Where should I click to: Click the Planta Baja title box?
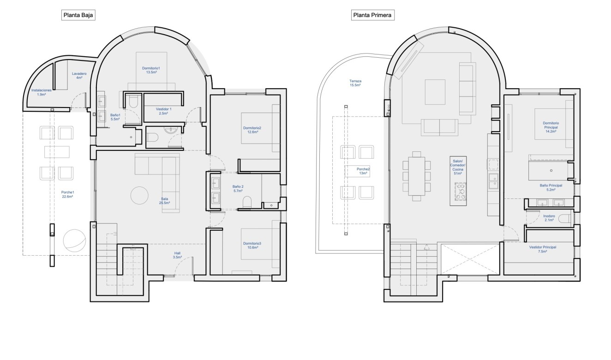[78, 15]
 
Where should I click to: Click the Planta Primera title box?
[372, 15]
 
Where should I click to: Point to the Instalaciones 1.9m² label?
[41, 92]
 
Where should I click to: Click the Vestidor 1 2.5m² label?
[163, 111]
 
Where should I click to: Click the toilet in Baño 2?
[247, 202]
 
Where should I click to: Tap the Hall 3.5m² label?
[177, 255]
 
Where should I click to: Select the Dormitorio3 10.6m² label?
[252, 246]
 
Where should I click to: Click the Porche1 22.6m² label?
[67, 194]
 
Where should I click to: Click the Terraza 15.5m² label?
[355, 83]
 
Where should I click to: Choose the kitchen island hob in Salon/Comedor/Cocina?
[461, 192]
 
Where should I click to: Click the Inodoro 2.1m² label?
[549, 218]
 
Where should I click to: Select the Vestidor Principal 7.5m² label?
[543, 249]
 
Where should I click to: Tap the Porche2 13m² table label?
[363, 171]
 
